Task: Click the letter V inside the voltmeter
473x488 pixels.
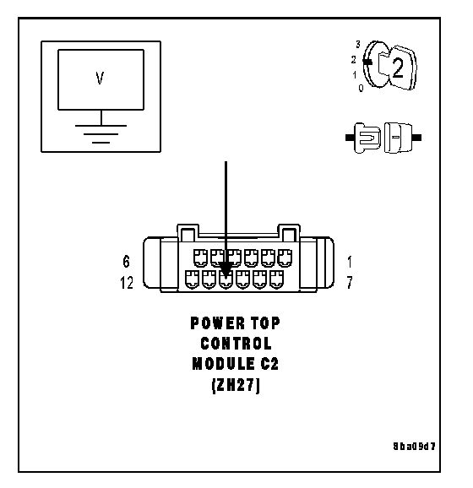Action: tap(100, 79)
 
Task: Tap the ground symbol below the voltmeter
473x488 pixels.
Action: tap(101, 134)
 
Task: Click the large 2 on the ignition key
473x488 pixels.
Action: tap(398, 68)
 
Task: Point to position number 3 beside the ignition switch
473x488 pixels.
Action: tap(358, 45)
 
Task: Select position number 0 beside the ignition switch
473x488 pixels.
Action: tap(361, 88)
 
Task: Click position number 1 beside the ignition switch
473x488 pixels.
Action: tap(355, 74)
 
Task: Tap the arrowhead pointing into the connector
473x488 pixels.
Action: tap(226, 268)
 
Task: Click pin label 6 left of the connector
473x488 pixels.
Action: tap(126, 262)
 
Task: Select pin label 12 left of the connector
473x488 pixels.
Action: tap(127, 283)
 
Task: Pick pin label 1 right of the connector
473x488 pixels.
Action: tap(350, 262)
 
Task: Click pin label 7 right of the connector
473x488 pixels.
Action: tap(350, 283)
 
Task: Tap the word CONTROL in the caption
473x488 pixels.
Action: tap(236, 344)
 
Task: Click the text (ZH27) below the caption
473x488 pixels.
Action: tap(236, 386)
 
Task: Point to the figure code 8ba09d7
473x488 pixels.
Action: tap(414, 447)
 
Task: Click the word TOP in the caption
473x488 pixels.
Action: tap(265, 323)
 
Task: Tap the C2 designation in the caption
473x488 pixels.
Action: tap(269, 364)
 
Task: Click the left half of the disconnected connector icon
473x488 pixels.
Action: tap(363, 138)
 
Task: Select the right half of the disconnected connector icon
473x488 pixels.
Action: tap(403, 138)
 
